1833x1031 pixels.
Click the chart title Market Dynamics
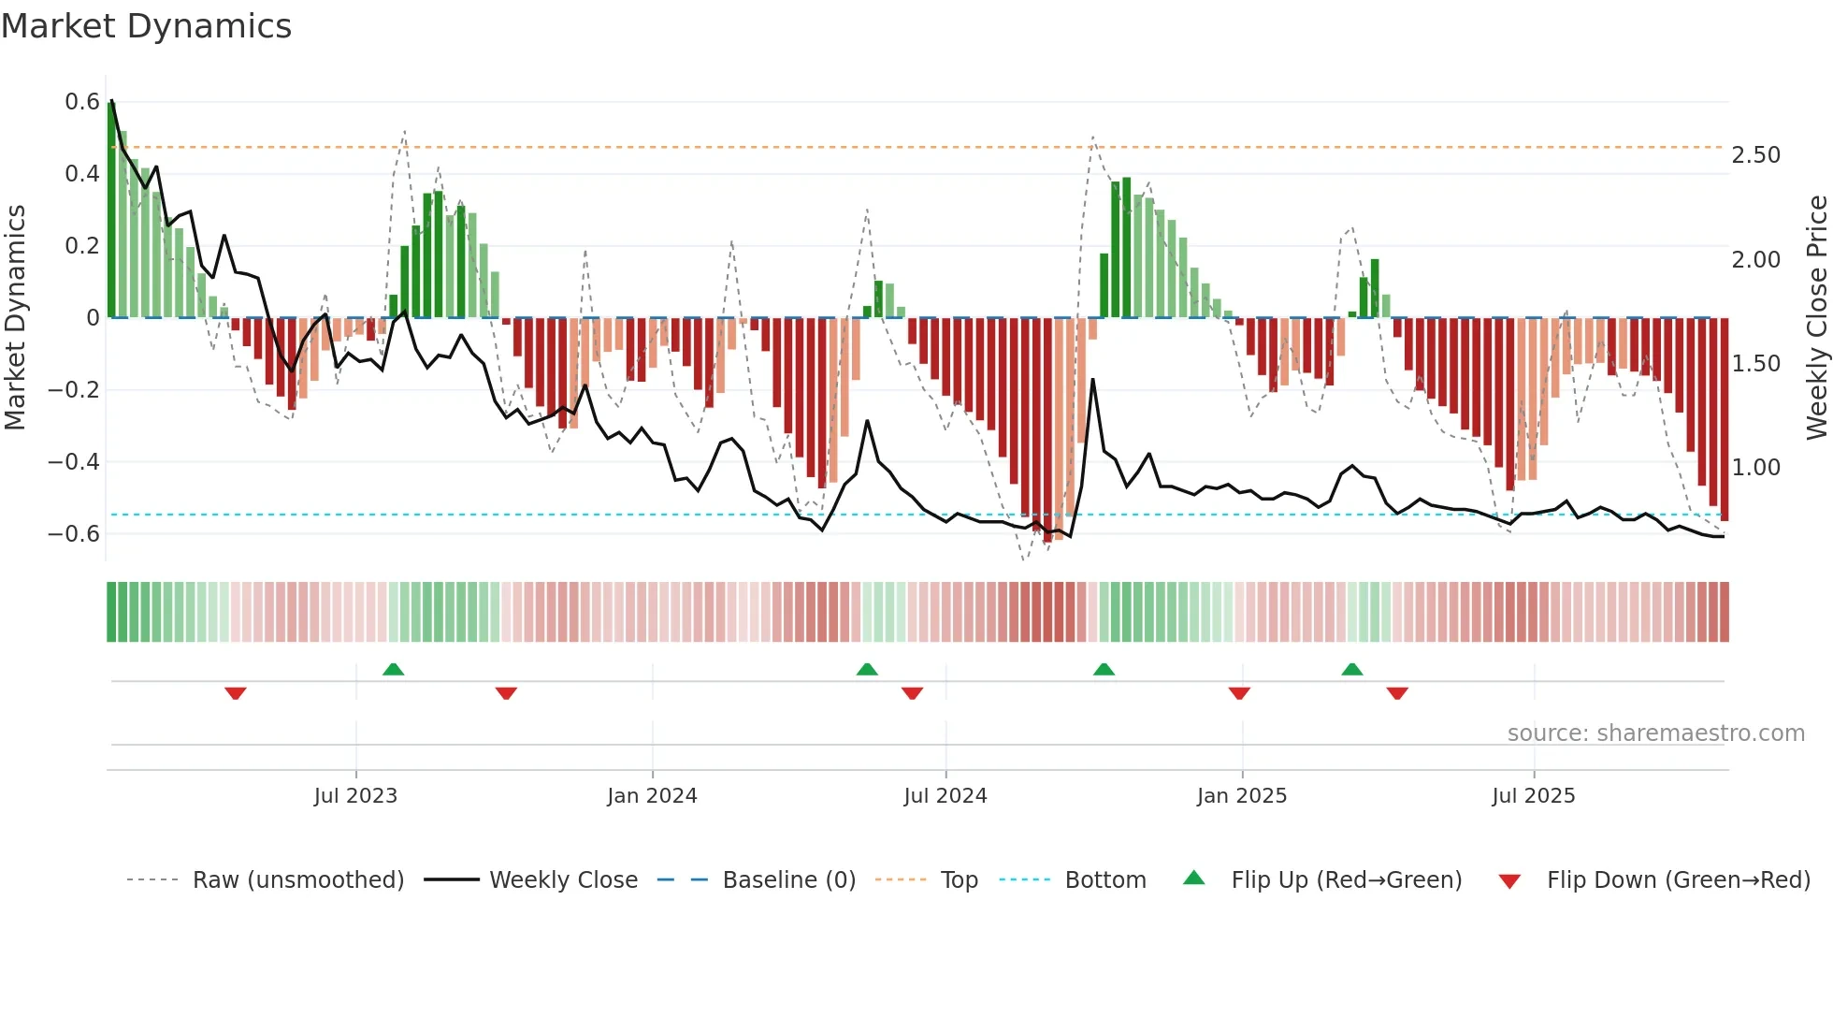146,26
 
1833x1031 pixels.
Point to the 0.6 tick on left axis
82,101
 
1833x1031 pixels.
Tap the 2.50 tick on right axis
1755,155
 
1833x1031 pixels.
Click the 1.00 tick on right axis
1755,467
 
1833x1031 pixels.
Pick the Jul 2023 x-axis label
355,796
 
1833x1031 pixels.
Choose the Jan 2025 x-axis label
1241,796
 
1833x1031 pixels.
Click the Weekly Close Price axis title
1816,317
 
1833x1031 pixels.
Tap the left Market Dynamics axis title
15,317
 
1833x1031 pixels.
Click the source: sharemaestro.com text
1655,733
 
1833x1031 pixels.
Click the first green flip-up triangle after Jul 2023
393,670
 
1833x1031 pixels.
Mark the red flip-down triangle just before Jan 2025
1239,692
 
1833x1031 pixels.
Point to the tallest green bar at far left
111,211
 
